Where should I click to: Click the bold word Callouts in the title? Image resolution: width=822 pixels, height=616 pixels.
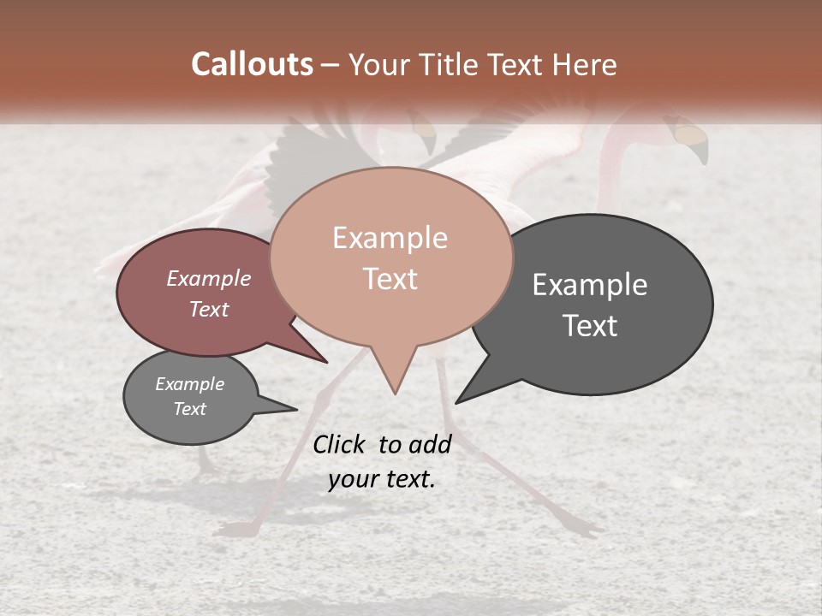point(252,64)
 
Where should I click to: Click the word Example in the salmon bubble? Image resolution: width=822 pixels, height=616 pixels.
point(390,238)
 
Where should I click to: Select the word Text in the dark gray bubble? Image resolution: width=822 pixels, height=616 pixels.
point(590,326)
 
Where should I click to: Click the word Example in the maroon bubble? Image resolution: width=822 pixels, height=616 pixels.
point(208,278)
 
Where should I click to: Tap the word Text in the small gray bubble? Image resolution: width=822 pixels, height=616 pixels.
point(190,409)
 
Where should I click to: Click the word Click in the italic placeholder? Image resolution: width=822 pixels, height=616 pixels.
point(339,444)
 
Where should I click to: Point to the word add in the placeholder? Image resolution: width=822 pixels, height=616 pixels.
point(430,444)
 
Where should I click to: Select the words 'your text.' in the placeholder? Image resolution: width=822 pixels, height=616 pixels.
point(382,479)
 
